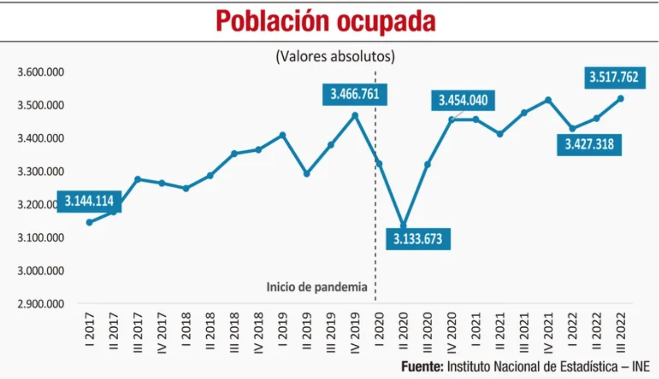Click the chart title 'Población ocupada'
pos(325,21)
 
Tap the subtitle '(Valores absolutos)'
pos(335,56)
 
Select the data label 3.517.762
pos(614,77)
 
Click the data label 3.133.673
pos(418,238)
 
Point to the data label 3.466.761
pos(355,94)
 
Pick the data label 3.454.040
pos(463,101)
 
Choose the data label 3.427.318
pos(589,145)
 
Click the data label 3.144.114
pos(89,202)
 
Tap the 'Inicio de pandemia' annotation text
pos(317,288)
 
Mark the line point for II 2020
pos(403,225)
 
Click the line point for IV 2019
pos(355,116)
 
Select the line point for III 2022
pos(620,99)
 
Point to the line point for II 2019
pos(306,173)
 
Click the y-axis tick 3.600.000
pos(41,72)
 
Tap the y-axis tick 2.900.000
pos(41,304)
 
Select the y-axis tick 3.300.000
pos(41,171)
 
